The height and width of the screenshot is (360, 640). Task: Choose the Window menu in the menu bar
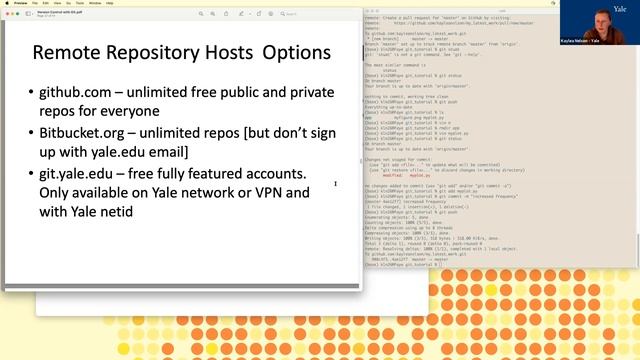[96, 3]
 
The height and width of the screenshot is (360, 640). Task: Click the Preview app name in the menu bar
[14, 3]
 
